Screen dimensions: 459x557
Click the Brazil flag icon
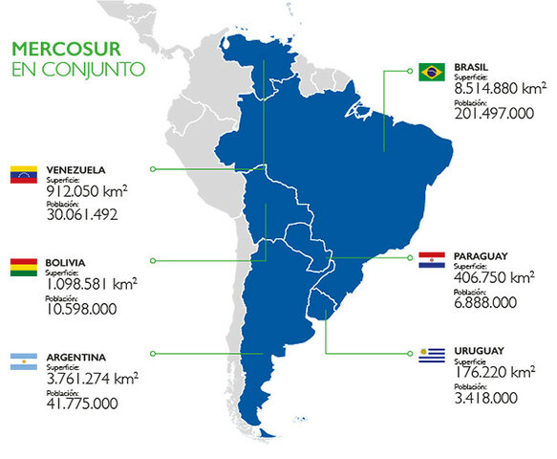[x=431, y=71]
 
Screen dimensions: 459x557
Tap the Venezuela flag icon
[x=23, y=174]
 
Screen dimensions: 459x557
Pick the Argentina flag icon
[x=23, y=361]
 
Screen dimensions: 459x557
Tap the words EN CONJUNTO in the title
[x=78, y=69]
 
